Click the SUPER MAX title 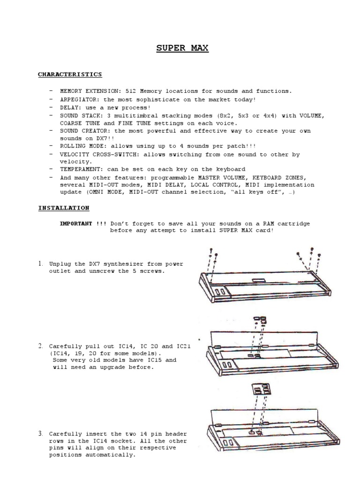pos(182,48)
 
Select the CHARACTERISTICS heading pos(70,75)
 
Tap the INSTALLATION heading pos(64,208)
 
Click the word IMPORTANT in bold pos(75,224)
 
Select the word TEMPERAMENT pos(80,169)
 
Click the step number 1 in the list pos(41,264)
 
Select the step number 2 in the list pos(41,346)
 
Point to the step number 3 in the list pos(41,434)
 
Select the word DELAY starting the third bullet pos(69,107)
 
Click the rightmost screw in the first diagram pos(319,255)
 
